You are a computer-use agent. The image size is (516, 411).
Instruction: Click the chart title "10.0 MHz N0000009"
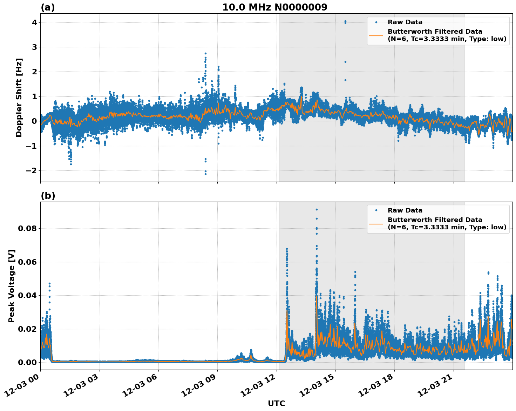tap(275, 7)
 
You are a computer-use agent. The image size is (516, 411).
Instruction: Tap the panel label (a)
tap(48, 7)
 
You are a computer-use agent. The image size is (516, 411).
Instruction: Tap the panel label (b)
tap(48, 196)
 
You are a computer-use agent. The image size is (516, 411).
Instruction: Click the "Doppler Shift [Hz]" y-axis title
tap(19, 97)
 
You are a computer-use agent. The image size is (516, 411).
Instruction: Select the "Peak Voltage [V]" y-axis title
tap(12, 286)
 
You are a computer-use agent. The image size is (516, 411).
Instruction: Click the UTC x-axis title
tap(276, 403)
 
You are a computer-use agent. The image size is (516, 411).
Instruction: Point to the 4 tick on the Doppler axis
tap(34, 22)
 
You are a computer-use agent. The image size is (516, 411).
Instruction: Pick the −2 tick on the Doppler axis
tap(32, 170)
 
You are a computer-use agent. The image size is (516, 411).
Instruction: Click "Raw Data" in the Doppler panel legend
tap(405, 22)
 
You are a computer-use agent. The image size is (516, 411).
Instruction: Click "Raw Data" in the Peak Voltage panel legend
tap(405, 210)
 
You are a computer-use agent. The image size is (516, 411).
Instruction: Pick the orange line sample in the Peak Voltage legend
tap(376, 223)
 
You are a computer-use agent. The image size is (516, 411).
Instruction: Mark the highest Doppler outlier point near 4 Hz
tap(345, 21)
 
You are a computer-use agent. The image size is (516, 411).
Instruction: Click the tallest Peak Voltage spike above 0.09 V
tap(317, 209)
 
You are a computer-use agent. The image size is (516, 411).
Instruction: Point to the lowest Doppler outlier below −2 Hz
tap(205, 174)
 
